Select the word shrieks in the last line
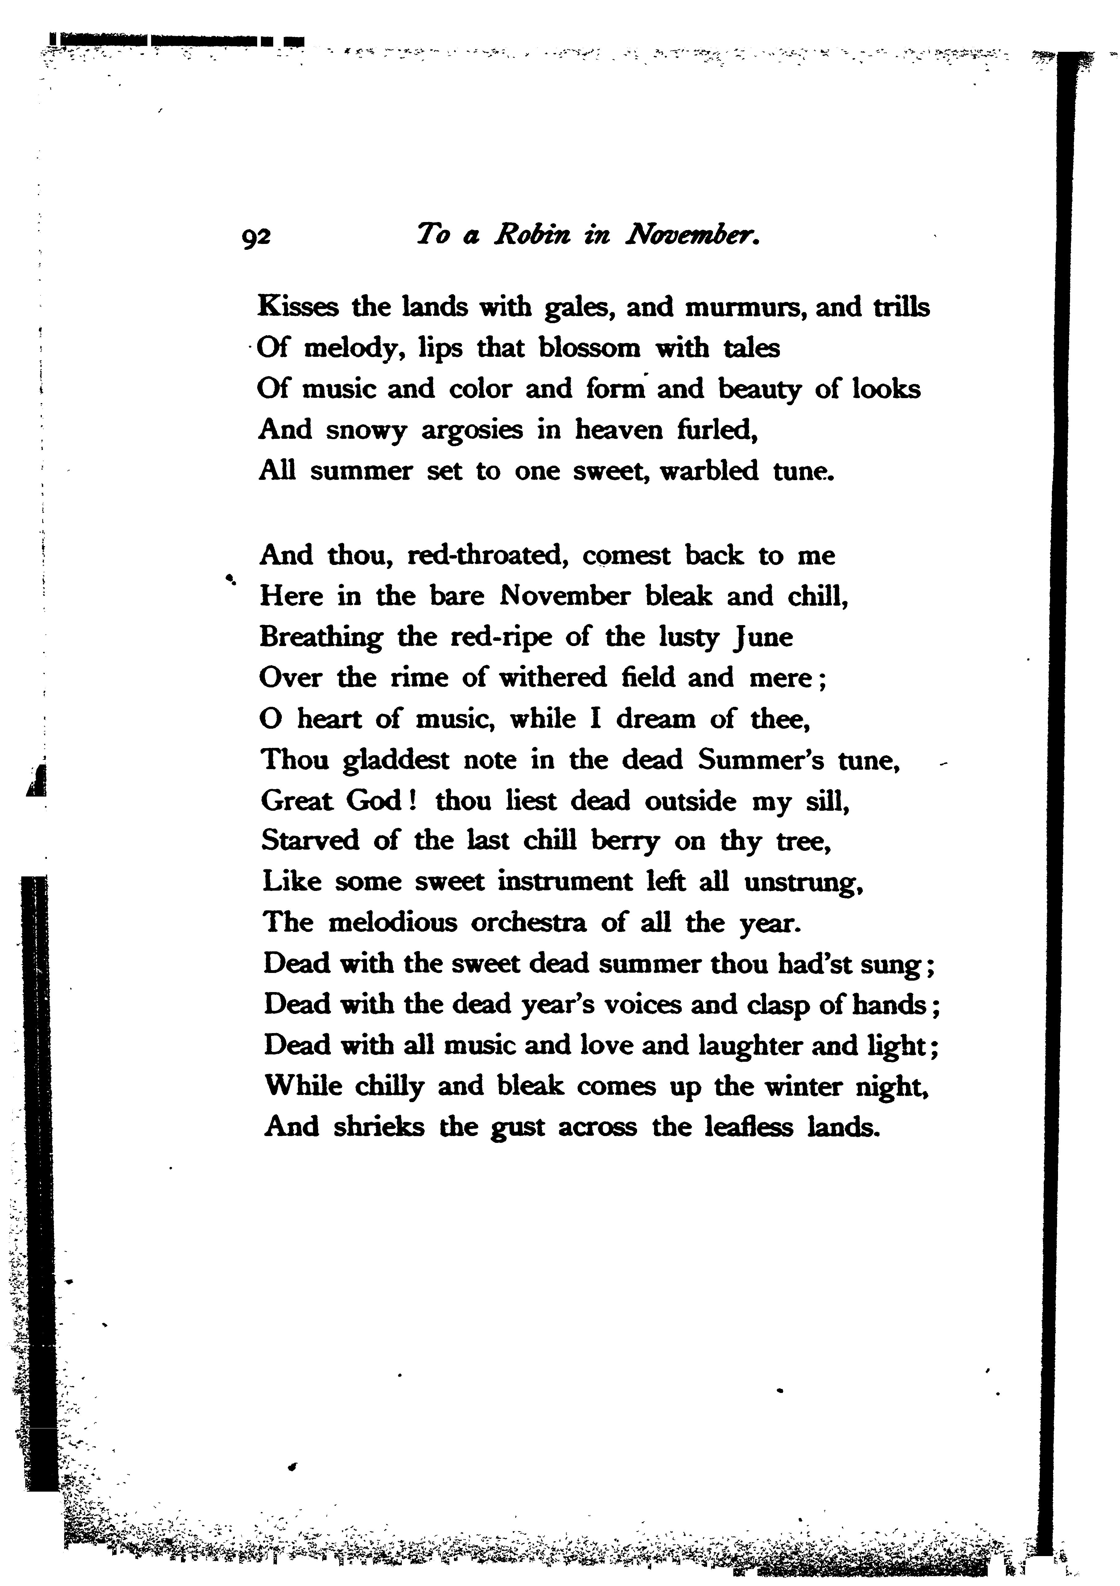point(379,1127)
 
